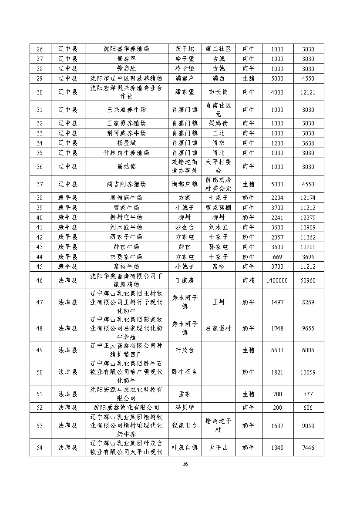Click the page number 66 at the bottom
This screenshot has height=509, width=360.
point(185,464)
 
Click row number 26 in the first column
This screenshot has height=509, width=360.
point(40,49)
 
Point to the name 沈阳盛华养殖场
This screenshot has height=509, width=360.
point(126,49)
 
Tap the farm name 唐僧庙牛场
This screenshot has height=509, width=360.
point(126,198)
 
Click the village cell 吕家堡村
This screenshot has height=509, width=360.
point(218,328)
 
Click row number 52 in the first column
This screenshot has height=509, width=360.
point(40,408)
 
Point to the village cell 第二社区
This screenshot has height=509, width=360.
point(218,49)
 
